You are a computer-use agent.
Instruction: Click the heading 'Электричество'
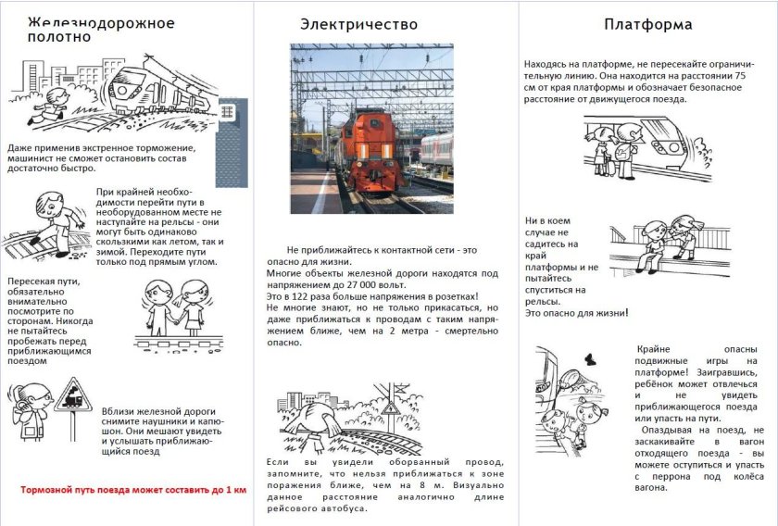click(x=358, y=24)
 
